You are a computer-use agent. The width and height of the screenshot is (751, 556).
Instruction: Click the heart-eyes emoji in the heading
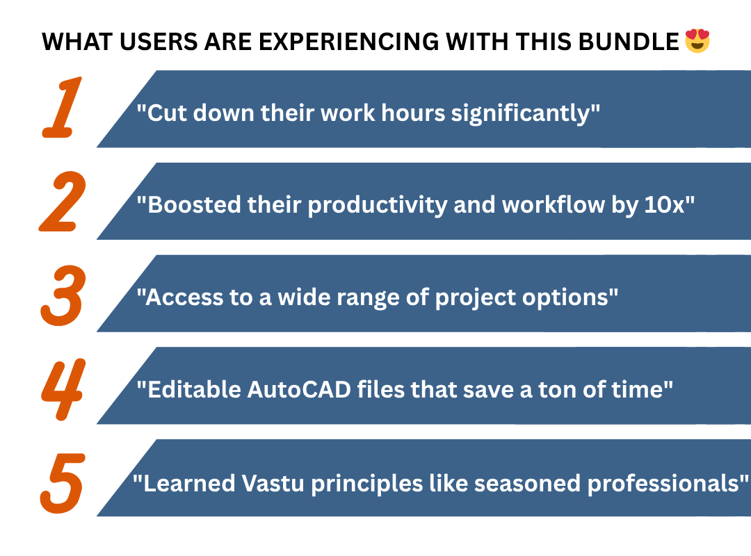(x=697, y=41)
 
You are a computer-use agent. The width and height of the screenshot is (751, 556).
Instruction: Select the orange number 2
(x=63, y=202)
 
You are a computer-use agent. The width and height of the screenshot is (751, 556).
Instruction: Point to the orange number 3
(x=63, y=295)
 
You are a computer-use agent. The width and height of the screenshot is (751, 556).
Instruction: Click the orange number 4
(x=63, y=389)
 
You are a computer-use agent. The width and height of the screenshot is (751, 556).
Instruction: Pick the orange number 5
(x=63, y=483)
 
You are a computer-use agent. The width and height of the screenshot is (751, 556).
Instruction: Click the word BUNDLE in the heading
(x=629, y=42)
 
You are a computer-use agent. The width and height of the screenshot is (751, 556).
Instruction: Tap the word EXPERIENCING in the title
(x=348, y=42)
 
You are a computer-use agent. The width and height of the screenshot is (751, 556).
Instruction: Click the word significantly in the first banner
(x=521, y=114)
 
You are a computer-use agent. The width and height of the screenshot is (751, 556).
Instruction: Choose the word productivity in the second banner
(x=378, y=206)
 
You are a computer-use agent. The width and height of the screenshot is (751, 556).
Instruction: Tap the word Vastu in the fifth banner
(x=273, y=483)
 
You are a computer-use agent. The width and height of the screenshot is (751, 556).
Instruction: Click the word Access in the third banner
(x=184, y=297)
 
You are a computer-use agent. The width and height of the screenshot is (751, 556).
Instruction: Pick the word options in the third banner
(x=565, y=298)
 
